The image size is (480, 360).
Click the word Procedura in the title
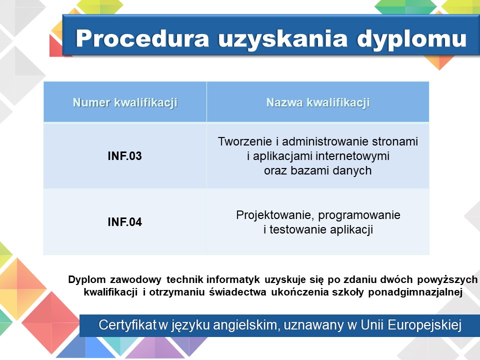tap(142, 38)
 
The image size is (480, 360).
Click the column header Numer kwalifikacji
tap(125, 102)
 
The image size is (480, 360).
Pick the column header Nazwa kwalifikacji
tap(318, 102)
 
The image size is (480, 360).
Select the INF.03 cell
tap(125, 156)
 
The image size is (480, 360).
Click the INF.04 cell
tap(125, 222)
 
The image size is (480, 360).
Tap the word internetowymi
tap(352, 156)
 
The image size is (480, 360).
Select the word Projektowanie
tap(276, 215)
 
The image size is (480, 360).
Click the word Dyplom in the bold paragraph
tap(87, 280)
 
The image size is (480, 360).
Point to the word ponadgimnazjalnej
tap(415, 292)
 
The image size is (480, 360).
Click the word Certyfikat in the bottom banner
tap(127, 325)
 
